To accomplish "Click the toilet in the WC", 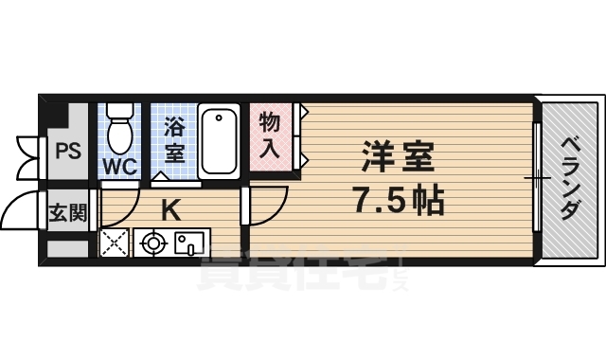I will (x=120, y=133).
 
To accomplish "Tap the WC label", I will (x=120, y=167).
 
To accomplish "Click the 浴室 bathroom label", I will (x=173, y=138).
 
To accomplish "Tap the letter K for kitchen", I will (x=170, y=210).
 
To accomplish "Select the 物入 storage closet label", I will (x=271, y=135).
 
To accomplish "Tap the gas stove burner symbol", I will (x=151, y=244).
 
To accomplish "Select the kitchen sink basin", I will (x=189, y=244).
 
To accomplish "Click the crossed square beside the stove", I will (x=114, y=244).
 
